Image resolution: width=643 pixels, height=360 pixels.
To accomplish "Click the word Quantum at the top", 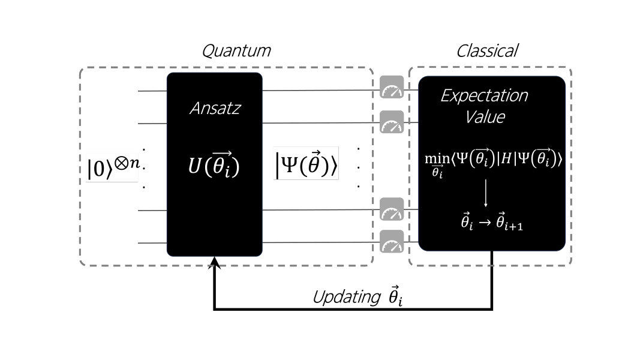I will [236, 51].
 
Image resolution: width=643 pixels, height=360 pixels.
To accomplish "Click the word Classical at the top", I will [487, 51].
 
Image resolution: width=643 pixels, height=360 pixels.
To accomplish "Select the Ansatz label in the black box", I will [214, 109].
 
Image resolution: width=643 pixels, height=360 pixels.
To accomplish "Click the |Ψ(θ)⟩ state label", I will [307, 164].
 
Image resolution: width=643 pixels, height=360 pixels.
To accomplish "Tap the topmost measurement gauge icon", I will [392, 88].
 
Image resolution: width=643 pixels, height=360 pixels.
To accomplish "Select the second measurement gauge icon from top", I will [392, 122].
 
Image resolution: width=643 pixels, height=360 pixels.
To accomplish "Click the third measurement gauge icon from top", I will [392, 209].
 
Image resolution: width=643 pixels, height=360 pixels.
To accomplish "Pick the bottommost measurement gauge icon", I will [392, 241].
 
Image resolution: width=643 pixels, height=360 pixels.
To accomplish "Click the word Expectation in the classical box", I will [484, 96].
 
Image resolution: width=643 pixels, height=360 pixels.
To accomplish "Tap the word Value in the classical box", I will [485, 116].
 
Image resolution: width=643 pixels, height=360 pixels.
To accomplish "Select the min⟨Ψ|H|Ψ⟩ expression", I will [492, 160].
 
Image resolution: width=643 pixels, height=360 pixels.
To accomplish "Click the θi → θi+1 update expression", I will [491, 223].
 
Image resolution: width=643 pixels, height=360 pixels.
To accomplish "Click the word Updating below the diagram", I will [347, 297].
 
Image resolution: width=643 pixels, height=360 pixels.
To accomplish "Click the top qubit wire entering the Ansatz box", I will [152, 91].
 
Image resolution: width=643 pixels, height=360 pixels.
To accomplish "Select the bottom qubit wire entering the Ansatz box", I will [152, 243].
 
